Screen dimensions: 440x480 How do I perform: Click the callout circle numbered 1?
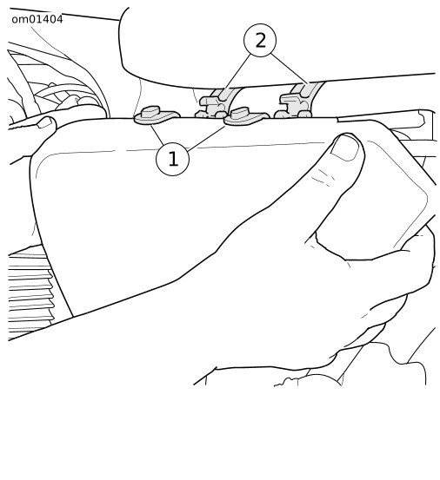172,159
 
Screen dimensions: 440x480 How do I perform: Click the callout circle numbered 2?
260,40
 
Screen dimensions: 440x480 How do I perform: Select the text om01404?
37,19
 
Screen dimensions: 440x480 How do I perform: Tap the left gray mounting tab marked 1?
156,115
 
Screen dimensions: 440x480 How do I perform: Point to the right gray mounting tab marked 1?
246,116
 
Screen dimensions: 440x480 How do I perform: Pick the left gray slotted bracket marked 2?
216,104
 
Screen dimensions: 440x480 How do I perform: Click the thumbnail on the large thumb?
345,148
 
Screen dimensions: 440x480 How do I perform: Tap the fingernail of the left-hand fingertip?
44,122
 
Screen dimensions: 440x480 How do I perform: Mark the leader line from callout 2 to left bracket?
237,73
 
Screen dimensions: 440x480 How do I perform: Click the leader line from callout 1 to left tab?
157,135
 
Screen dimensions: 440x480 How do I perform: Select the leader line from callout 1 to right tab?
207,138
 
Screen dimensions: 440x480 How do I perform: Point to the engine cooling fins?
30,293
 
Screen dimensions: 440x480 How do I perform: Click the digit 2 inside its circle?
260,41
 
